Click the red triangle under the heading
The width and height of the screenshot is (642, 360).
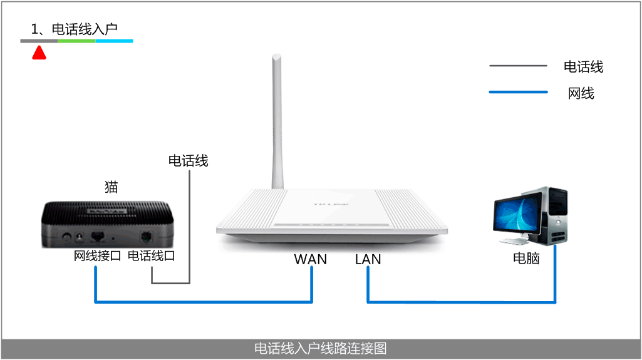39,54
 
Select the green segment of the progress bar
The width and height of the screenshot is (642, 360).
76,41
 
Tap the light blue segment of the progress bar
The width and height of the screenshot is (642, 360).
114,41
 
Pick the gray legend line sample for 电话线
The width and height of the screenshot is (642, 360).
518,66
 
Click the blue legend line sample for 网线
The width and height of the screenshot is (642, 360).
518,93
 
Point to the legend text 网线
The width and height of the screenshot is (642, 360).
581,93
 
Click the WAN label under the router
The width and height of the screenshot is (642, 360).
310,259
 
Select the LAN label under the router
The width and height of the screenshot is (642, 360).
368,259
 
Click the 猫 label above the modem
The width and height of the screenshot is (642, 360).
111,187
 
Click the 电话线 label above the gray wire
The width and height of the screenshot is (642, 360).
188,161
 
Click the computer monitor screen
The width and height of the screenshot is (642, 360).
517,215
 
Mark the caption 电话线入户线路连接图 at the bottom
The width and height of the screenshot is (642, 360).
321,348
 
